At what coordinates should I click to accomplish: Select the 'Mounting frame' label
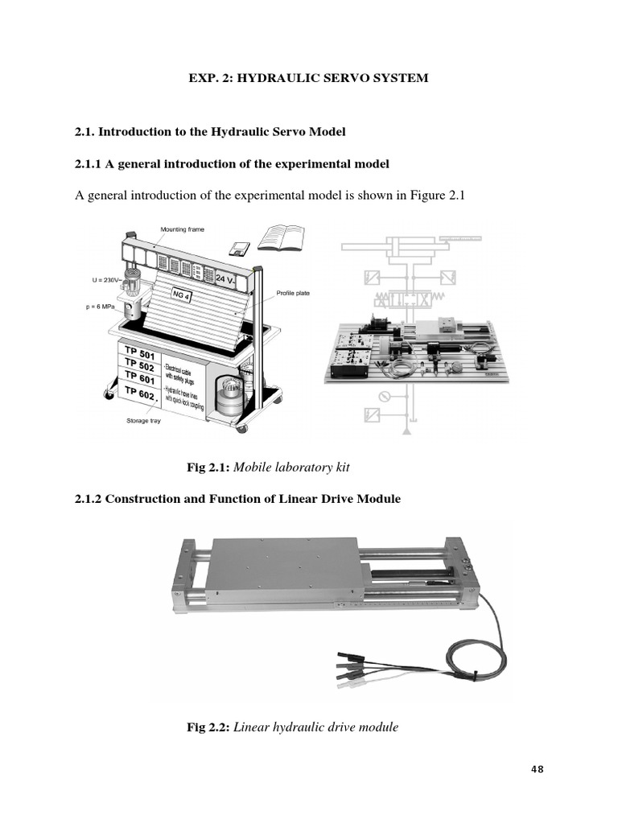pyautogui.click(x=182, y=229)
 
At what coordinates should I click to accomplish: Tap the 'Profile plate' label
pyautogui.click(x=294, y=293)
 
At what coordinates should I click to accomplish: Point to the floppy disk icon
pyautogui.click(x=237, y=248)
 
